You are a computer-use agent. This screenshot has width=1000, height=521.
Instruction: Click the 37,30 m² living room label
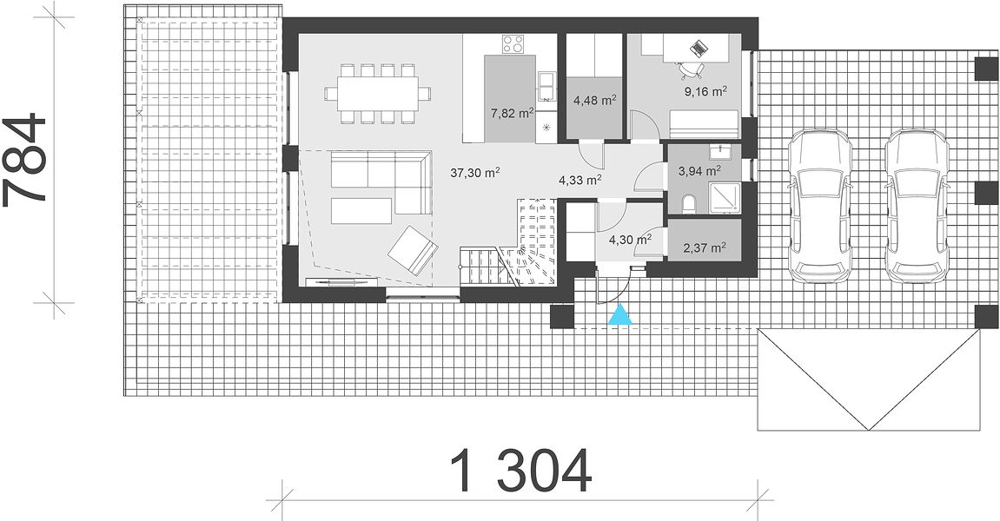[x=474, y=172]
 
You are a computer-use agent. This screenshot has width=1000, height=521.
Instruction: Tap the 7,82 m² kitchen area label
[x=512, y=114]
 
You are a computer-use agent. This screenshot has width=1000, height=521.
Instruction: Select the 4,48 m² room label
[x=594, y=100]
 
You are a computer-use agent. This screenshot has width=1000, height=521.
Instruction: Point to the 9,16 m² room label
[x=706, y=91]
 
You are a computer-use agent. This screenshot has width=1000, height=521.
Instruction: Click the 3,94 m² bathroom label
[x=699, y=170]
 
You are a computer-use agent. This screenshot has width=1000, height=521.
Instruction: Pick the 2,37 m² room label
[x=704, y=247]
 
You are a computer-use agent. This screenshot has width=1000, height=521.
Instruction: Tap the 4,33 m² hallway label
[x=580, y=181]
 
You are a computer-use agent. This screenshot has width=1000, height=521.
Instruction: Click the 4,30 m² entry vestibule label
[x=630, y=240]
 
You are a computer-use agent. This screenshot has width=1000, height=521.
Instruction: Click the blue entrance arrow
[x=620, y=315]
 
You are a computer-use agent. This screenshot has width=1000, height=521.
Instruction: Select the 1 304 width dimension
[x=521, y=472]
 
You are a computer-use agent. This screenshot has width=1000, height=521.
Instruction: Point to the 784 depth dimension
[x=24, y=161]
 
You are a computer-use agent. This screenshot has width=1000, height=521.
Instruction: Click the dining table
[x=377, y=93]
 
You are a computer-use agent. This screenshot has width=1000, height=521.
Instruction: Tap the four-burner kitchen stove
[x=513, y=44]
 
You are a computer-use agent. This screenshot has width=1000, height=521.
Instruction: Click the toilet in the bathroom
[x=689, y=204]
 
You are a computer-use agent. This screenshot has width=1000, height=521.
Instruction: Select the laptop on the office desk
[x=699, y=47]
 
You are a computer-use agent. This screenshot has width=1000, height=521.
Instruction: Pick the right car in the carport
[x=917, y=205]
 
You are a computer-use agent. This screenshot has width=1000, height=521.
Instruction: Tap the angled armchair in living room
[x=413, y=250]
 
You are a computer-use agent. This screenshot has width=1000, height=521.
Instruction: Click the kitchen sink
[x=546, y=86]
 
